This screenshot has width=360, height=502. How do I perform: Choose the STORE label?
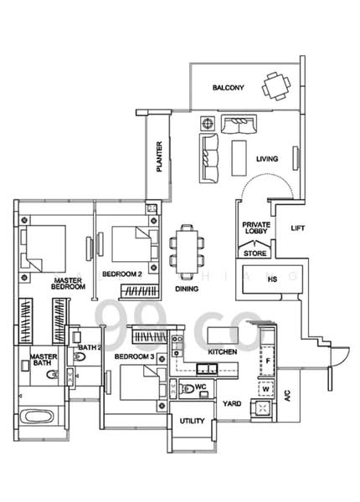pos(255,252)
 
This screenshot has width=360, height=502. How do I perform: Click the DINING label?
pos(188,289)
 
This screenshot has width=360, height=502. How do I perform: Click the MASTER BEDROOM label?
pos(69,284)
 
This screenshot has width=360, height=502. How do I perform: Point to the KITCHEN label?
pos(222,352)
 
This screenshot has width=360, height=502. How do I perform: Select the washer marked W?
pos(265,388)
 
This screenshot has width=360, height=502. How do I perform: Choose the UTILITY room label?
pos(192,421)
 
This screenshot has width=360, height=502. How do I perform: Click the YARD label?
pos(232,404)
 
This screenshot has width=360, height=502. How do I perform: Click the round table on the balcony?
pos(273,85)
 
